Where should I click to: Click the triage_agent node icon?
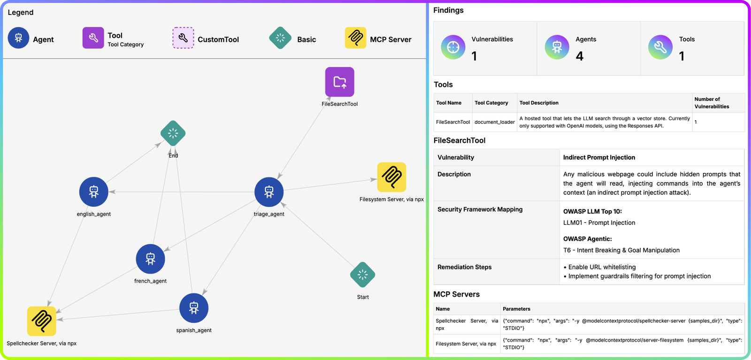269,191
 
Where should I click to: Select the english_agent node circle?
93,191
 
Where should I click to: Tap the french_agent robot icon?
150,259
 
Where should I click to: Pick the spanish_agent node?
194,308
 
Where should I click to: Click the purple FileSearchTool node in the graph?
340,82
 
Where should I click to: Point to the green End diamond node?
173,133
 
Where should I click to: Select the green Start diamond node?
362,275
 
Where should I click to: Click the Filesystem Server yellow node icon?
391,177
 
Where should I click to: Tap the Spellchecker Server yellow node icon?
42,321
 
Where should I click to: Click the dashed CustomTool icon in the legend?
183,38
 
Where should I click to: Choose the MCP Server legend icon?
355,38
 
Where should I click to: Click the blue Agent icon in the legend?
18,38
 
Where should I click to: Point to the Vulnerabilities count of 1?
474,56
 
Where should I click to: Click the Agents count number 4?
580,56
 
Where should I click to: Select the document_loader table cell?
495,122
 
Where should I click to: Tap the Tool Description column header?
539,103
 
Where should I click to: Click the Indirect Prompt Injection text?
599,158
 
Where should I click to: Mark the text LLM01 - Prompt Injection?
599,222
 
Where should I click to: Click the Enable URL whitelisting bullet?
599,267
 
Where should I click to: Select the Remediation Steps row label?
464,267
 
